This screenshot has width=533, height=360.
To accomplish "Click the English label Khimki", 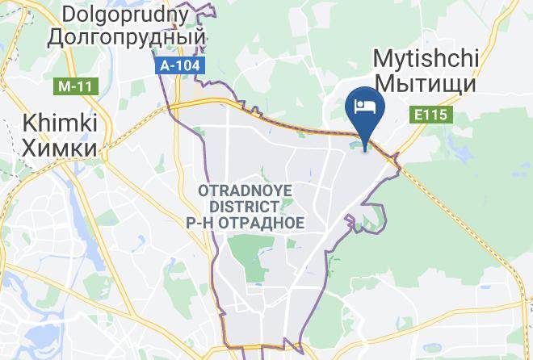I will [60, 123].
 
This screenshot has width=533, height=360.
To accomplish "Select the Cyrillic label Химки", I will [60, 148].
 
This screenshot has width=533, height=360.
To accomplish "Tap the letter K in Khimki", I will [29, 123].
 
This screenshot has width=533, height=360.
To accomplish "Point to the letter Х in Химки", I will [29, 148].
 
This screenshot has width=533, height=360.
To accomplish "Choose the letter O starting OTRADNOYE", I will [202, 191].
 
